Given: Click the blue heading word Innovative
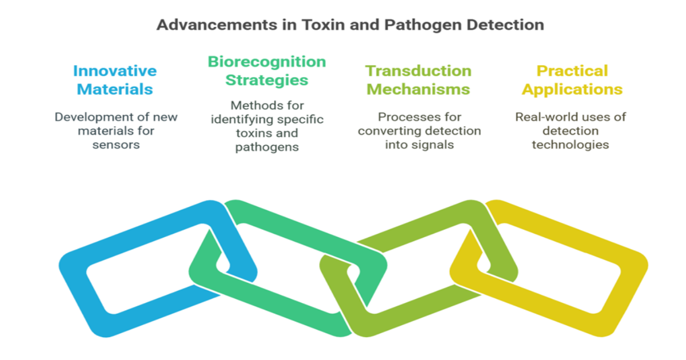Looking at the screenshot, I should (x=115, y=71).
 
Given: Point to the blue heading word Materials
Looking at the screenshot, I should (x=115, y=90).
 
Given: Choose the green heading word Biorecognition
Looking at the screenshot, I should (x=266, y=62).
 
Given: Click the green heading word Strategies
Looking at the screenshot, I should (x=266, y=80).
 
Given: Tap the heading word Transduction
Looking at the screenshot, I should (x=418, y=71).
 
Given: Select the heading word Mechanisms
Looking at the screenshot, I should (x=418, y=90).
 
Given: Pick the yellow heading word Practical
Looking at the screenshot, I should (x=572, y=71).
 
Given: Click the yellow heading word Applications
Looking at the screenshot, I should (x=572, y=90).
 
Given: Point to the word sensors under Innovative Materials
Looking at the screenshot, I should (x=116, y=145).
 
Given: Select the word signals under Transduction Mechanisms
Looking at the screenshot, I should (x=434, y=145).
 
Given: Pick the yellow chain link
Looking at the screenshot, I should (x=629, y=269).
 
